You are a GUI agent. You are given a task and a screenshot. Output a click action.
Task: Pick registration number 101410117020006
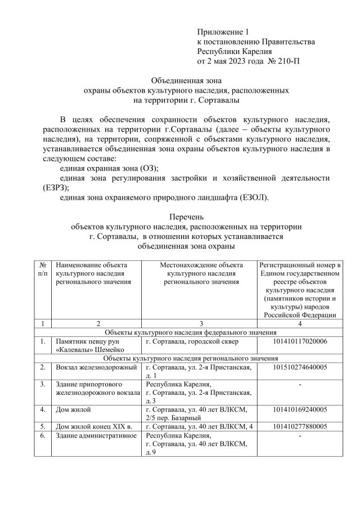click(300, 341)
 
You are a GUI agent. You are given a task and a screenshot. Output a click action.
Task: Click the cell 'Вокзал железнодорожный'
click(96, 367)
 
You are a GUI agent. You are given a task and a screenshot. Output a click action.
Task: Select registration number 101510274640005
click(300, 367)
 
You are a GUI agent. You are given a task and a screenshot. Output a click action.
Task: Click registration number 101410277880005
click(300, 426)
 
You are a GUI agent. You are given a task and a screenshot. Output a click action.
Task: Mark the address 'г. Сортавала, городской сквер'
click(192, 341)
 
